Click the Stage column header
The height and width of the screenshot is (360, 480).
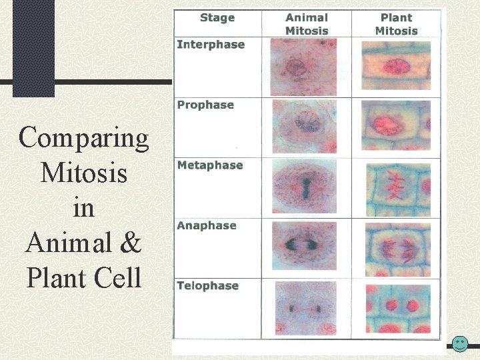point(217,18)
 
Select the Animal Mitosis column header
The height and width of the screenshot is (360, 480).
point(307,24)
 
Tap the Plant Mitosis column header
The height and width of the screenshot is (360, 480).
point(396,24)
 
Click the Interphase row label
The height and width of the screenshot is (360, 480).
point(211,45)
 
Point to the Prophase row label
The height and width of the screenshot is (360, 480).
point(205,105)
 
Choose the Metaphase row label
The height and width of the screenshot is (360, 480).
point(210,165)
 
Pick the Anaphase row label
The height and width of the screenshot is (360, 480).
point(207,225)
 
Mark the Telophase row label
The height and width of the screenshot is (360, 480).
point(208,285)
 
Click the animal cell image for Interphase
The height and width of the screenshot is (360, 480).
point(304,67)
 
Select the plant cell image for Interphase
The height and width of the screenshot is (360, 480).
point(396,66)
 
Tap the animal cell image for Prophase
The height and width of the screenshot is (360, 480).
point(305,126)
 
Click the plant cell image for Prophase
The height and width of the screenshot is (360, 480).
point(396,126)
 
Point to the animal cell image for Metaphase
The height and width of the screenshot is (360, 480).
point(305,186)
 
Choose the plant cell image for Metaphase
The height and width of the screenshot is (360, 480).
point(396,187)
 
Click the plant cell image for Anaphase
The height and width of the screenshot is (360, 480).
point(396,246)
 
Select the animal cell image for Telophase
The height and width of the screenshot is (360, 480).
point(305,308)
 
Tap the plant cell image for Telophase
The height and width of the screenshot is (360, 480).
point(396,308)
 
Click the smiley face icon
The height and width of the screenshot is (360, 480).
point(460,344)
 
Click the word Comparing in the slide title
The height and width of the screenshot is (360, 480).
point(83,138)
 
